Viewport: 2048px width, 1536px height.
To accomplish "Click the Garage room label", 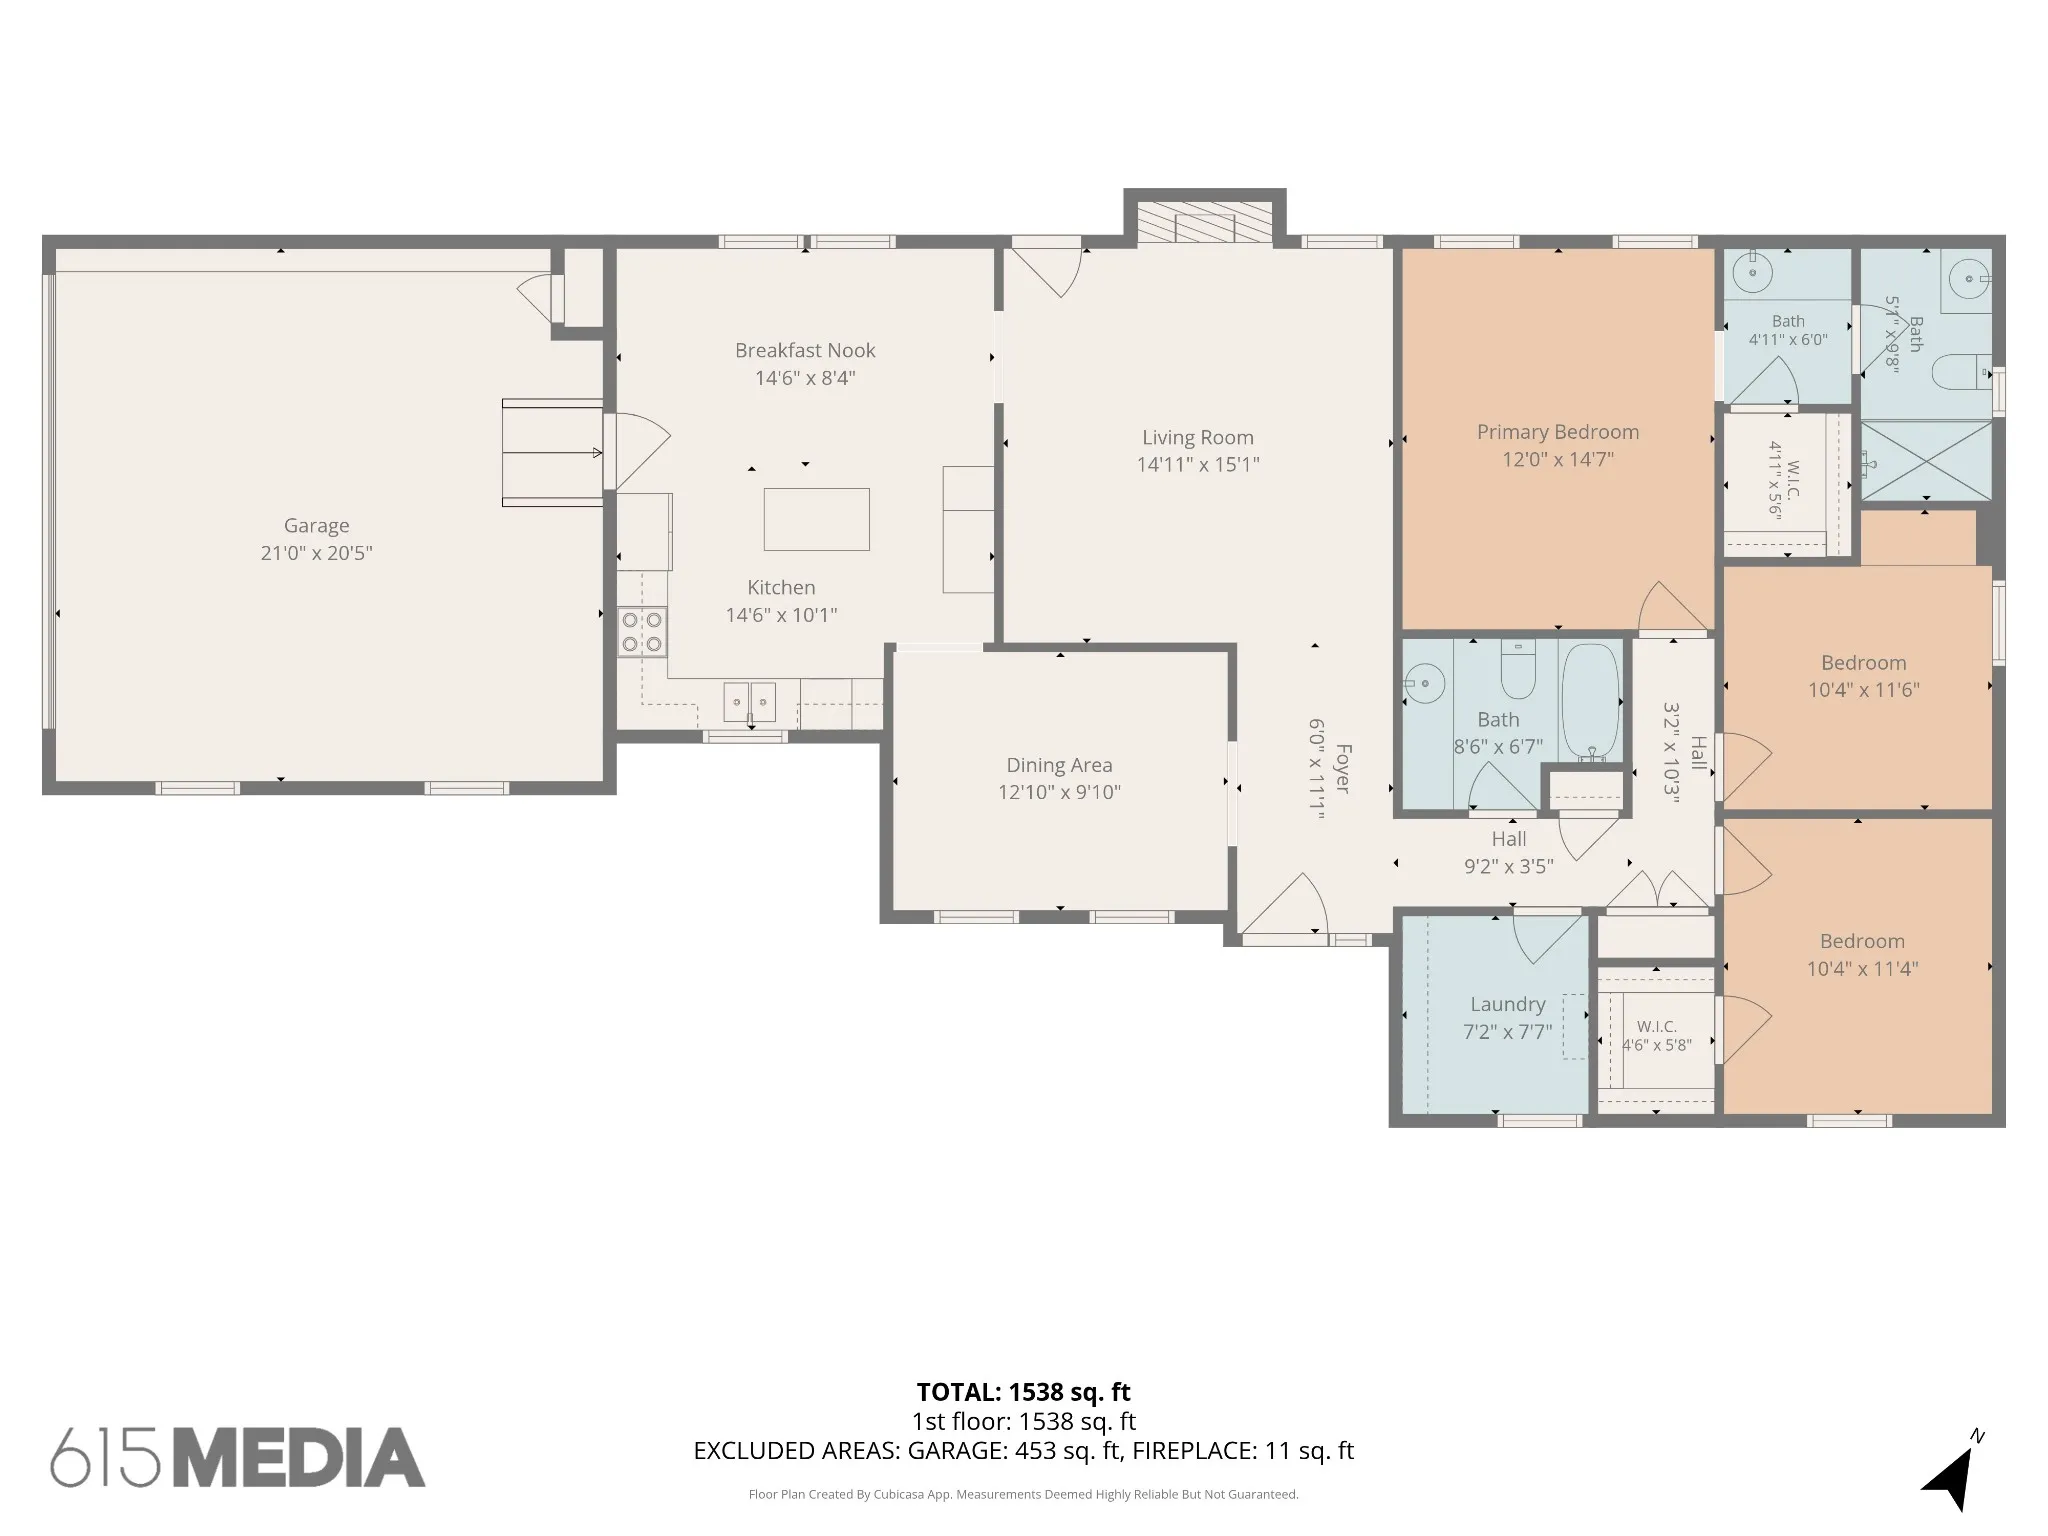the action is (x=316, y=526).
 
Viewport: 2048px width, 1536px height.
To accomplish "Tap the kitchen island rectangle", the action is (x=816, y=519).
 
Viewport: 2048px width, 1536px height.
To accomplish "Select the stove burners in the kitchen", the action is (x=642, y=632).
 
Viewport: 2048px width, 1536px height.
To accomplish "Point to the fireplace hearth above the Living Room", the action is (x=1205, y=222).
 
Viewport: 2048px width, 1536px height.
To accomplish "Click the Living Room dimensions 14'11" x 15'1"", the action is (x=1198, y=465).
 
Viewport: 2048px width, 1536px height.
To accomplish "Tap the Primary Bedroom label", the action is (x=1558, y=432).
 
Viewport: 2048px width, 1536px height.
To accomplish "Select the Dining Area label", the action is (x=1059, y=766).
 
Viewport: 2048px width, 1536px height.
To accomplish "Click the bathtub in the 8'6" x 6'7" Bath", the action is (x=1590, y=701).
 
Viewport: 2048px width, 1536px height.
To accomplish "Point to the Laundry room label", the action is (x=1508, y=1005).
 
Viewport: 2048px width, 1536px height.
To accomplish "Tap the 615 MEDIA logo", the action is (x=238, y=1457).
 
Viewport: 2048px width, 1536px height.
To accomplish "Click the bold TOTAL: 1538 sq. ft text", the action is (x=1024, y=1392).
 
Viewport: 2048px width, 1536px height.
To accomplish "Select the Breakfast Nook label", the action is (x=805, y=351).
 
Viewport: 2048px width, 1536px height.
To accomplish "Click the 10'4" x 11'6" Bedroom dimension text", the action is (x=1863, y=690).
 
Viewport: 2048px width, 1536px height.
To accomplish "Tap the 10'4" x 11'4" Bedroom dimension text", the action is (x=1862, y=969).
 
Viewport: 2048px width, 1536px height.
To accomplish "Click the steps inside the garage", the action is (x=553, y=453).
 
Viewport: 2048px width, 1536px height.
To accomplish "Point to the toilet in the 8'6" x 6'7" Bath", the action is (x=1518, y=669).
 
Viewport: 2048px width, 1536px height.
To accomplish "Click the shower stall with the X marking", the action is (x=1925, y=460).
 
